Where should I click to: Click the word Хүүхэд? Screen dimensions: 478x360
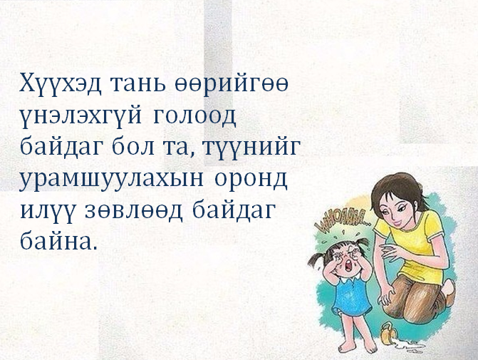pos(60,83)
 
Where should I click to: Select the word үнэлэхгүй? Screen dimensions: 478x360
pos(80,116)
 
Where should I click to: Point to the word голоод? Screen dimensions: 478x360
pos(194,116)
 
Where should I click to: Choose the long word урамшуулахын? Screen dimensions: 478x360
pos(111,180)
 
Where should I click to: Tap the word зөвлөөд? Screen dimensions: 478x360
pos(134,211)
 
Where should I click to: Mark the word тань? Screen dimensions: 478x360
pos(137,83)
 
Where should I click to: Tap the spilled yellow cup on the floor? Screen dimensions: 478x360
pos(389,334)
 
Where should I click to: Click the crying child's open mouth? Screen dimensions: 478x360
pos(348,267)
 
